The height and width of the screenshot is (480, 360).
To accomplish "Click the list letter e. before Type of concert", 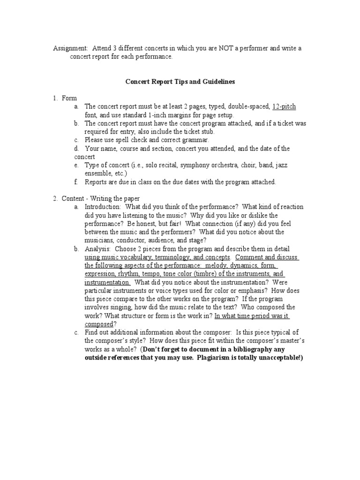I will point(76,165).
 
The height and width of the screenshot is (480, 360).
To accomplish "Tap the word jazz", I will point(282,165).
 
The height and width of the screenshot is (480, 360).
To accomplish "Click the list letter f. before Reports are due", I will point(76,181).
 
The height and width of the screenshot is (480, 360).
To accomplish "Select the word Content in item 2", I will point(73,198).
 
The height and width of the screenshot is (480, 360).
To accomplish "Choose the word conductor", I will point(123,240).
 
